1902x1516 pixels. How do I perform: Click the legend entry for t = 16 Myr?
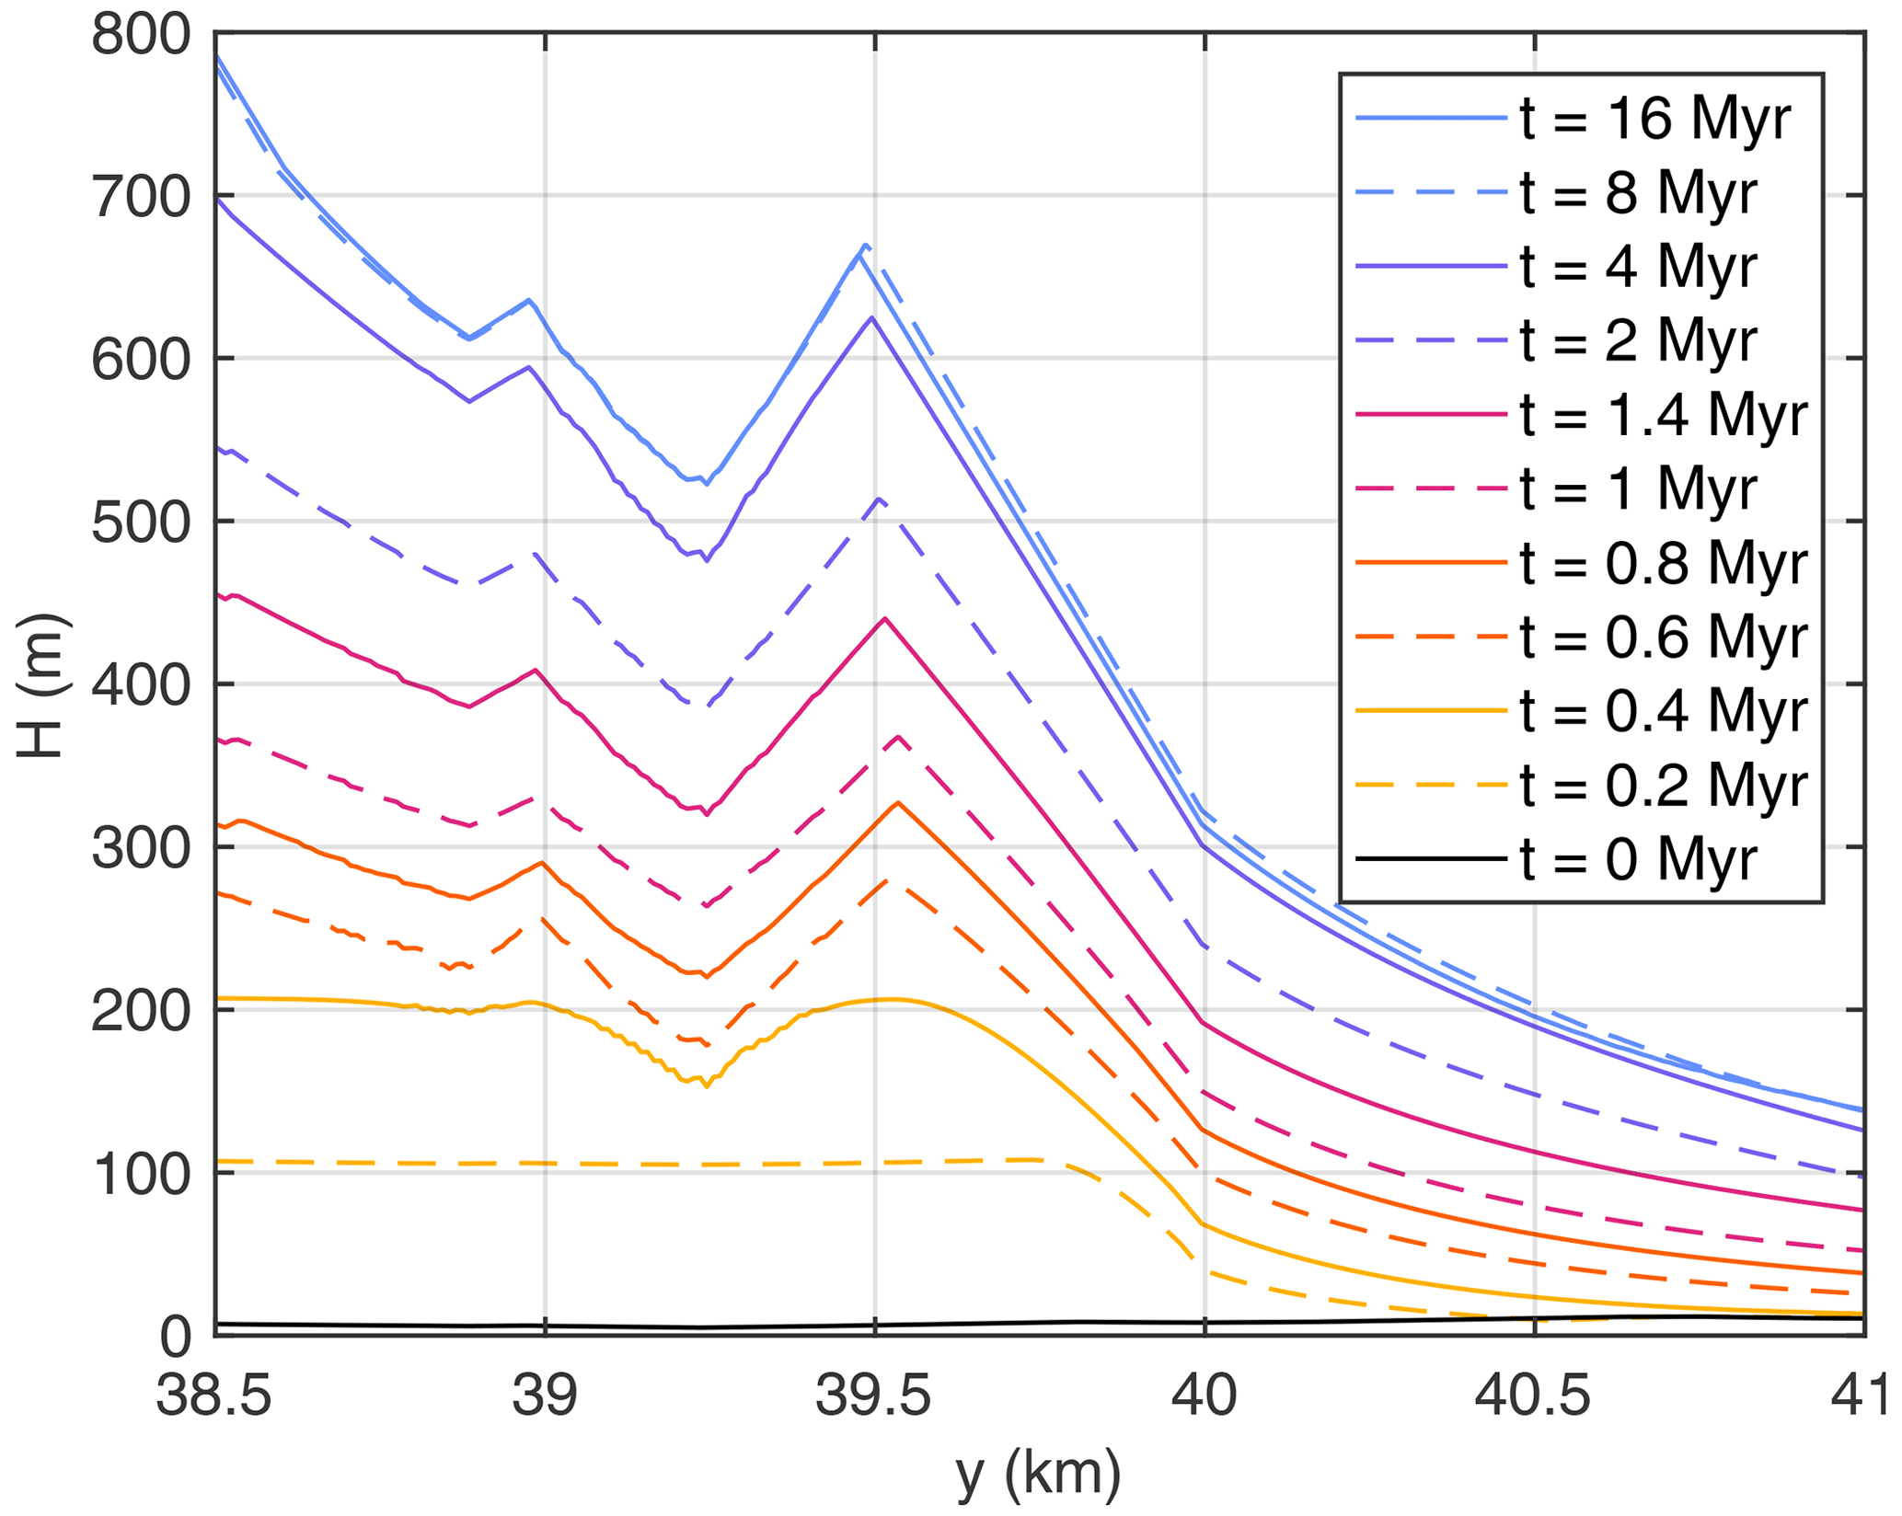(1654, 119)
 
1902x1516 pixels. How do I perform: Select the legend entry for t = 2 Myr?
(1638, 341)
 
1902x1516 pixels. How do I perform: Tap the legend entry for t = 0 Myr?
(1638, 860)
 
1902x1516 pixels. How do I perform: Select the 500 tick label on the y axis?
(140, 523)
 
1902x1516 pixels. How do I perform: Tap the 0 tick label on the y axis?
(175, 1337)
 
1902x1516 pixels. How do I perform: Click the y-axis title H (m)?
(40, 685)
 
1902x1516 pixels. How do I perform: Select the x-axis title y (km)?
(1039, 1473)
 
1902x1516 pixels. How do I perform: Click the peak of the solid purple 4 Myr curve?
(871, 316)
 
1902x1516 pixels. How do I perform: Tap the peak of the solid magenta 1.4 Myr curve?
(884, 618)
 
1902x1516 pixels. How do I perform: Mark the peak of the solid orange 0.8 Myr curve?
(897, 802)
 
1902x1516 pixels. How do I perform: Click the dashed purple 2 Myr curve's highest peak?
(880, 499)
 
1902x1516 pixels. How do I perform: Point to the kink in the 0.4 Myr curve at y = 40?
(1204, 1224)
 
